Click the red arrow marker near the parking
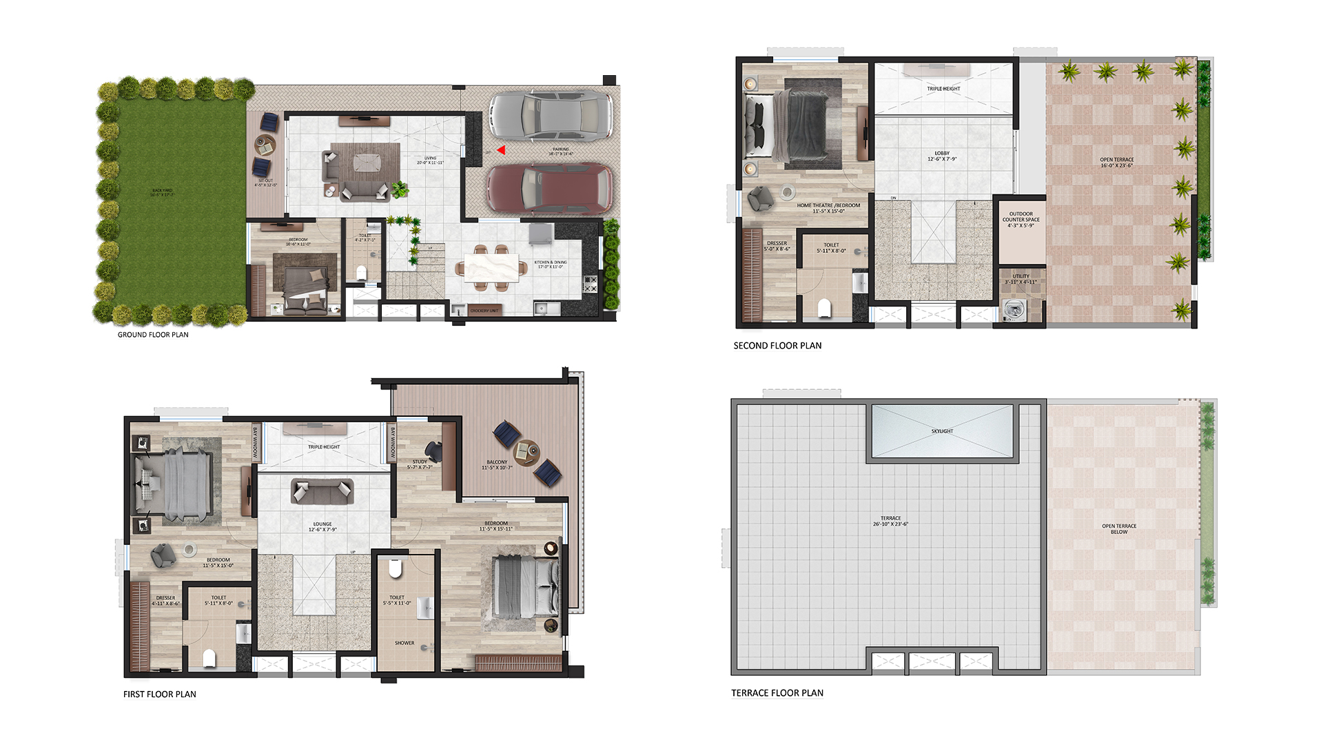502,150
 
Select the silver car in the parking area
550,117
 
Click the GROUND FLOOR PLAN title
153,335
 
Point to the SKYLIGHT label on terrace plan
942,431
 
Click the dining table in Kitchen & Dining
491,267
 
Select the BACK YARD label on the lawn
163,192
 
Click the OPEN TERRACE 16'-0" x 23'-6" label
1116,163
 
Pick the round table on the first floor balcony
528,451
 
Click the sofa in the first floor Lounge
322,492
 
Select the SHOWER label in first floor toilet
404,643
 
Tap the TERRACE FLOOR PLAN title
777,693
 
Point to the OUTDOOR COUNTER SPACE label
1021,220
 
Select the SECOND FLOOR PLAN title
777,346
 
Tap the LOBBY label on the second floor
942,156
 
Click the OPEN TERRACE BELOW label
1119,528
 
